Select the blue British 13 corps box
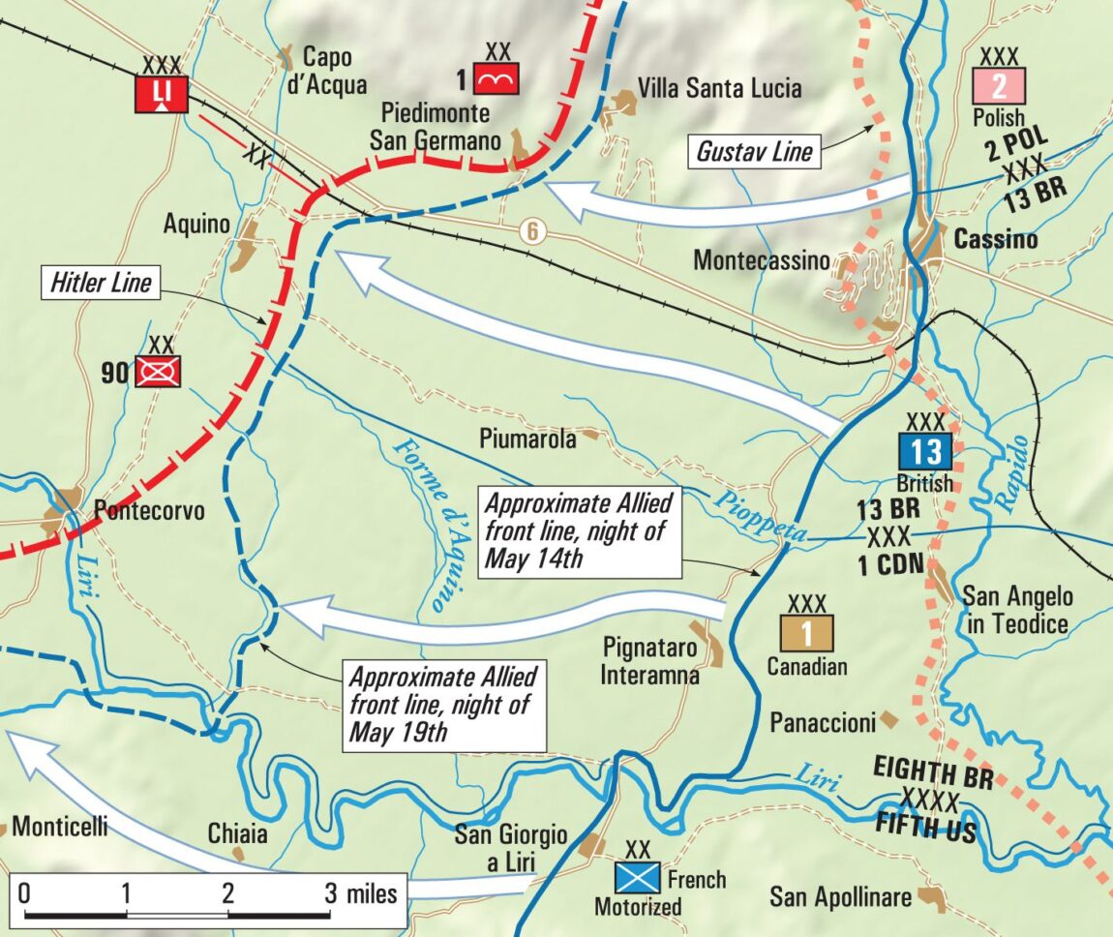click(924, 451)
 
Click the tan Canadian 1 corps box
click(805, 633)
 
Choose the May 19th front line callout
click(442, 704)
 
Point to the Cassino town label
click(995, 239)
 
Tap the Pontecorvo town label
click(149, 509)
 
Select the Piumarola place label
click(527, 438)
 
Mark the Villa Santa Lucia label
click(719, 89)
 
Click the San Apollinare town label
click(840, 897)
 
